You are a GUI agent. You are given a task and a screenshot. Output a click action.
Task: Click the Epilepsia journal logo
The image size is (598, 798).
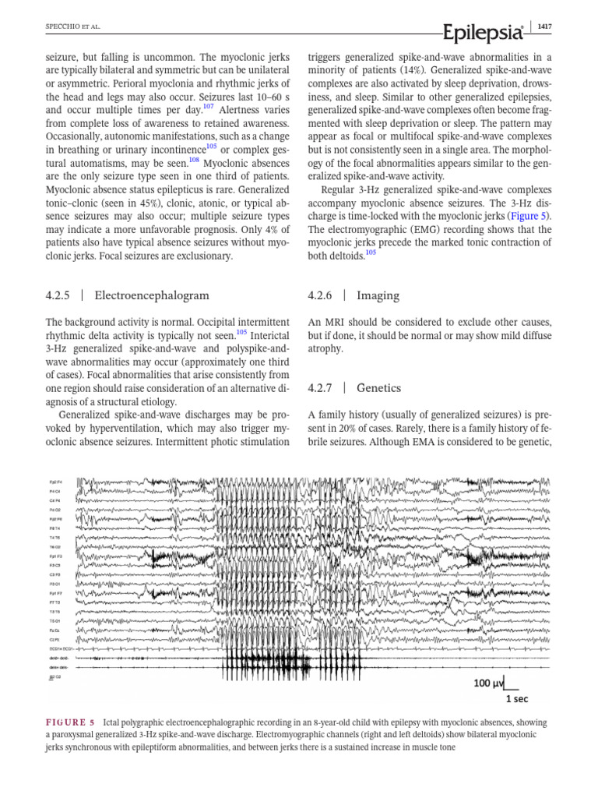coord(482,31)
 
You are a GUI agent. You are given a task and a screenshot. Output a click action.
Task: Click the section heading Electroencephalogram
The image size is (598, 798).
coord(151,295)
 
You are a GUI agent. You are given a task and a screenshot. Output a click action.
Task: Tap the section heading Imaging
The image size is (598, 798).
coord(378,295)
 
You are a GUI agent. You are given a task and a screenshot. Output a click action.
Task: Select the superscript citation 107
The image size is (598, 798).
coord(208,108)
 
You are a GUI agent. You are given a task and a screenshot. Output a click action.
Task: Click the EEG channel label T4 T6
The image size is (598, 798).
coord(55,538)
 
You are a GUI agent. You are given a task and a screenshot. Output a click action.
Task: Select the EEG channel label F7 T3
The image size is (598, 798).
coord(55,602)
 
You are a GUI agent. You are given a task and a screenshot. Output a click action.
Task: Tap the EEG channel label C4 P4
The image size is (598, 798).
coord(55,501)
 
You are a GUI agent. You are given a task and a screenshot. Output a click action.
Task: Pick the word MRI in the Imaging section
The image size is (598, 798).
coord(336,322)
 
